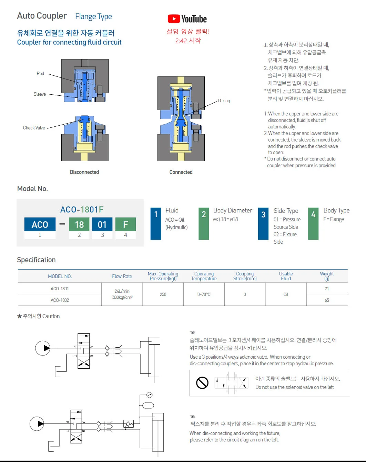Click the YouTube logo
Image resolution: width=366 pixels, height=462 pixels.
[187, 19]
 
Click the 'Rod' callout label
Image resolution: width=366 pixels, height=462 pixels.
[40, 74]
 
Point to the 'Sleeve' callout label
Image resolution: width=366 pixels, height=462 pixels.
[40, 94]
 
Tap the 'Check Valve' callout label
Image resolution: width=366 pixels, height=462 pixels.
[34, 128]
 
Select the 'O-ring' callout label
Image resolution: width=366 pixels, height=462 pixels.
[224, 101]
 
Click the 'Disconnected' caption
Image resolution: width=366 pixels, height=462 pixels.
[84, 172]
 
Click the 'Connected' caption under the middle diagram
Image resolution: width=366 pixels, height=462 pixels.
[181, 172]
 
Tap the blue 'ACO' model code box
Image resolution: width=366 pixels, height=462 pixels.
[40, 224]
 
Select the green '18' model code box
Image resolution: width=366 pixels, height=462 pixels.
[79, 224]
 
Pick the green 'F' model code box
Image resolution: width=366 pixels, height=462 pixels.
[125, 224]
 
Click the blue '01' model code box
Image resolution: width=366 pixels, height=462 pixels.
[102, 224]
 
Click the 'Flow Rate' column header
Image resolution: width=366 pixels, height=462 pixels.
[122, 276]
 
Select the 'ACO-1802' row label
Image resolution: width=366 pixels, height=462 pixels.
[60, 300]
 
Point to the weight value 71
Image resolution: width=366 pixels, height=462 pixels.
[327, 289]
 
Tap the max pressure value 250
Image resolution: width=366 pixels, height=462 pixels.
[163, 295]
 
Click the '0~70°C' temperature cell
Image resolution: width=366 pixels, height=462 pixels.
[204, 295]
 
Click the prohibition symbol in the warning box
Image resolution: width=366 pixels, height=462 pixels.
[202, 383]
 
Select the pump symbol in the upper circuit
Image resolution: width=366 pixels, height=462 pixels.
[43, 348]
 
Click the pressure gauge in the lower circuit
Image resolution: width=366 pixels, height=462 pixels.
[149, 395]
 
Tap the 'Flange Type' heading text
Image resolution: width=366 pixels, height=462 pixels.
[93, 17]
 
